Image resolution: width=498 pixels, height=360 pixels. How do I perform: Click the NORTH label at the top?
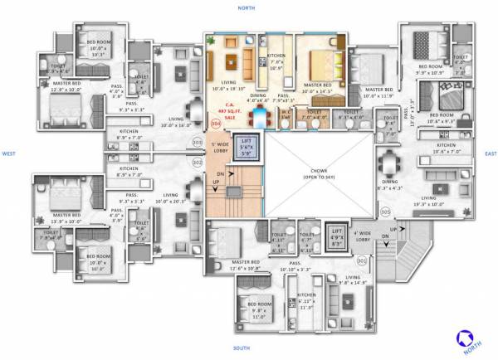[246, 7]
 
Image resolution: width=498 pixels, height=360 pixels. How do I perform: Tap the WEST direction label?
[9, 153]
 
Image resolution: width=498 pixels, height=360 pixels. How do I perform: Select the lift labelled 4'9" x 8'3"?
[336, 237]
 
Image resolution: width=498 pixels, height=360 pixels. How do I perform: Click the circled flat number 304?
[217, 124]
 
